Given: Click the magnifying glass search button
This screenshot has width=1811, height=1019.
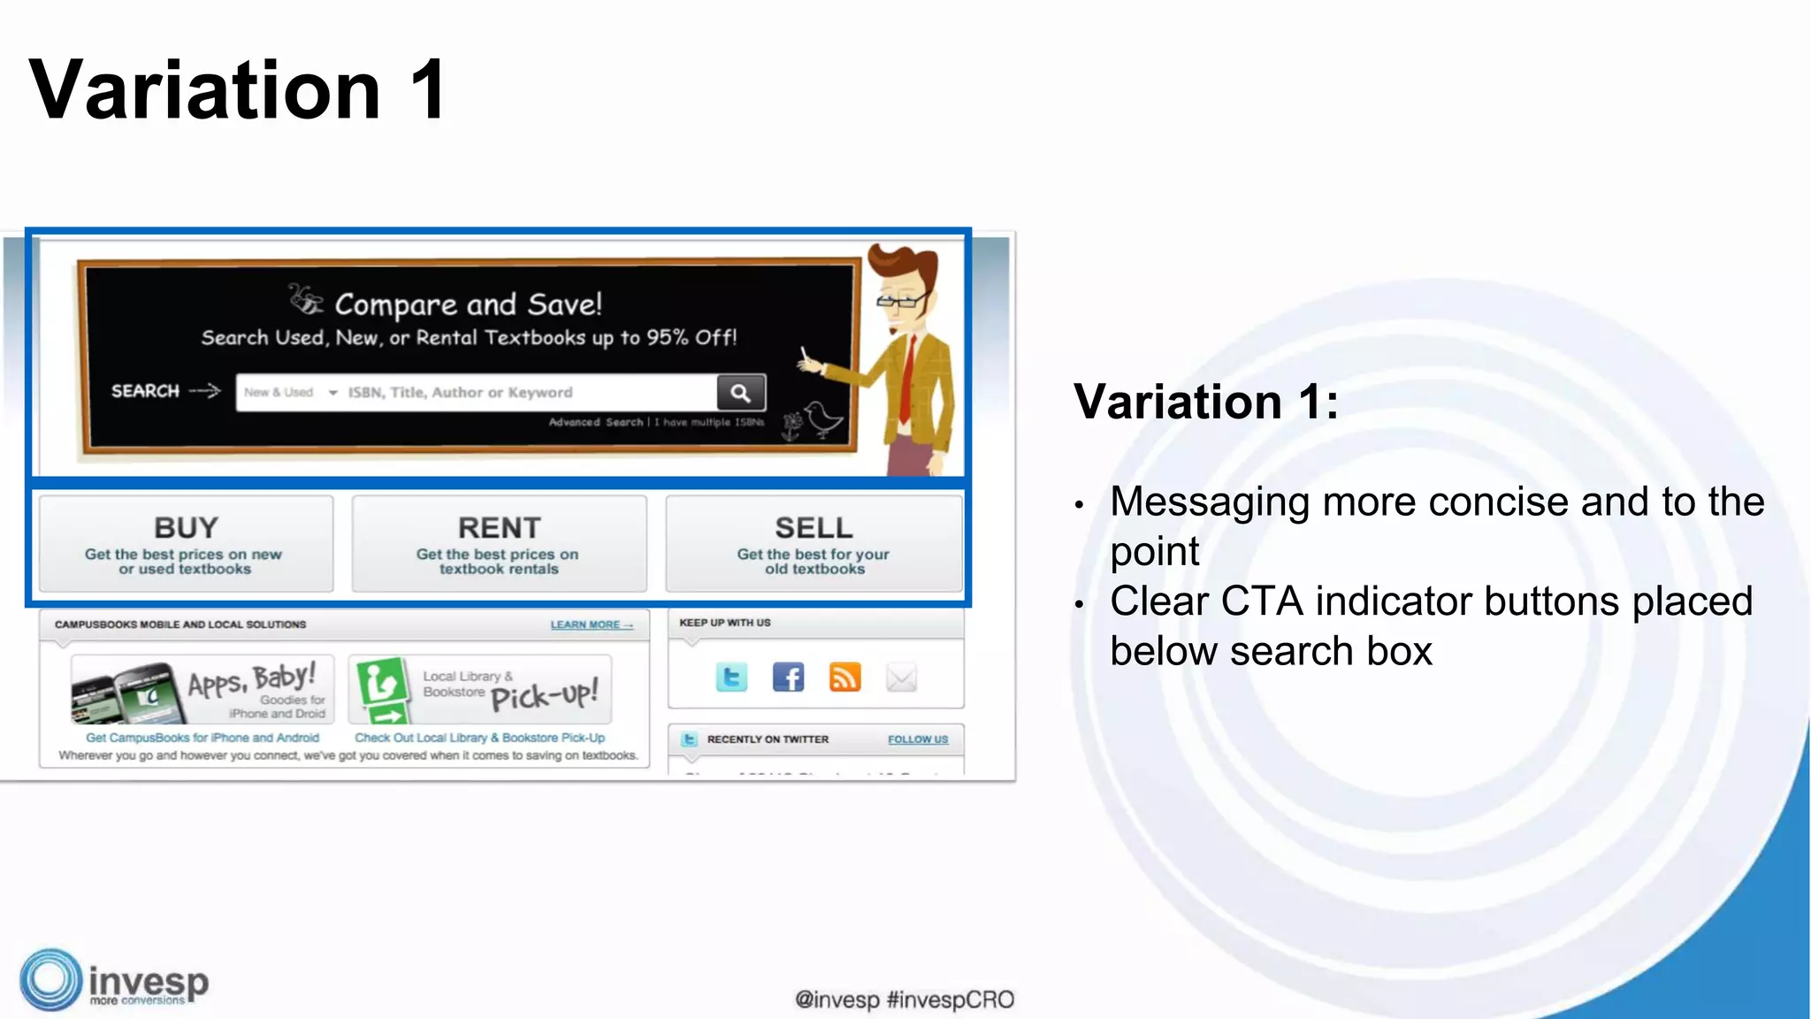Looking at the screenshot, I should [740, 393].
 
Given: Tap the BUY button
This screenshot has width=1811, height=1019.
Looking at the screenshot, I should [186, 543].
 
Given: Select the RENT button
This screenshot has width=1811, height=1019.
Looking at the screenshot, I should [499, 543].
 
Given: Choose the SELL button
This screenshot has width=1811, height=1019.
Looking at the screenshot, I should [814, 543].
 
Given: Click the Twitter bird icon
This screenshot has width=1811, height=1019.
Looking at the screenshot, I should [731, 678].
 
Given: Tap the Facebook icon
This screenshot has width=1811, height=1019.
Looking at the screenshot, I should [788, 678].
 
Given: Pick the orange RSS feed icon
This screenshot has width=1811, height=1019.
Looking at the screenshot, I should [844, 678].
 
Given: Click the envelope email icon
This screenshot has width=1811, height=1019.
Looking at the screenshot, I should [901, 678].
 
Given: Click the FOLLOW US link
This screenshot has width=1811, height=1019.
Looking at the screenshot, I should [918, 739].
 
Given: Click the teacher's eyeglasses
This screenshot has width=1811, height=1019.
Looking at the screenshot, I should [900, 302].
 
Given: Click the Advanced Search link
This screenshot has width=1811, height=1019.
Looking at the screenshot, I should [595, 423].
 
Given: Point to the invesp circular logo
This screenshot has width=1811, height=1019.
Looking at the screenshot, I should [51, 980].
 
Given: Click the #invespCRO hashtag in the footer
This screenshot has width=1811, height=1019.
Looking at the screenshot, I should [951, 1000].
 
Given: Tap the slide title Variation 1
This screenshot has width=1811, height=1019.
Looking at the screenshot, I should [239, 89].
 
